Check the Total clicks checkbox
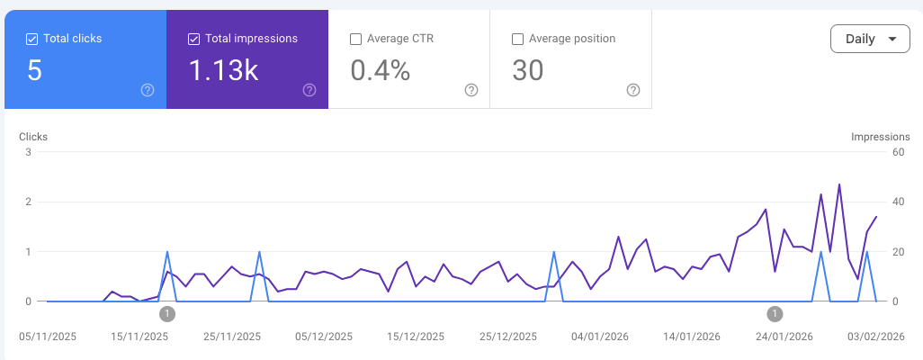tap(32, 39)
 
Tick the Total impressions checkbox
tap(194, 39)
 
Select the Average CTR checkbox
tap(355, 39)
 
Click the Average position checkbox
tap(517, 39)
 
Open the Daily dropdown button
tap(870, 40)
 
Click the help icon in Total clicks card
tap(148, 90)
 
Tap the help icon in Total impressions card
tap(309, 90)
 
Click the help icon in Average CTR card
tap(471, 90)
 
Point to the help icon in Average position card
tap(633, 90)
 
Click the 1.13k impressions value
tap(223, 70)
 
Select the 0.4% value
tap(380, 70)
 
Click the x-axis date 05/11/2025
tap(48, 337)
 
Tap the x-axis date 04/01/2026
tap(600, 337)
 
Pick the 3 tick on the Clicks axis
tap(29, 152)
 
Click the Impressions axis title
tap(880, 137)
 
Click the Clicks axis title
tap(33, 137)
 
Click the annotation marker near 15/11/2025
tap(167, 313)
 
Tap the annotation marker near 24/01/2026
tap(775, 313)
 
